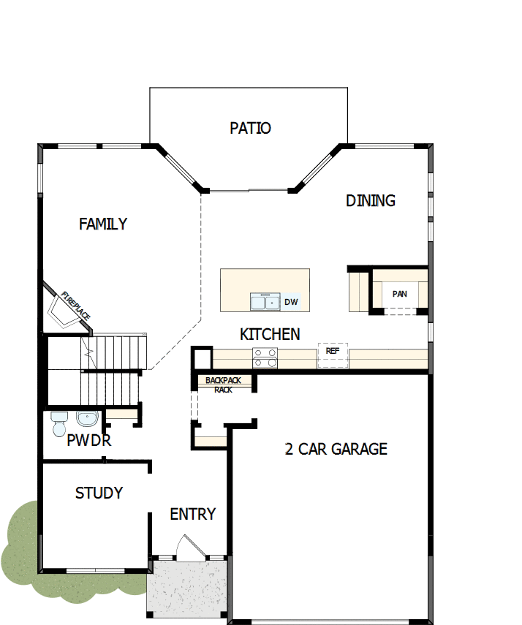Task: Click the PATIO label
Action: pos(250,129)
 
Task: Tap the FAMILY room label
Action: pos(103,224)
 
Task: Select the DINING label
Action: pos(371,200)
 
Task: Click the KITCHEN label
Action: pos(270,335)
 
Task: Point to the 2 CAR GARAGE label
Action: pos(336,449)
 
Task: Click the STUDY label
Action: pos(99,493)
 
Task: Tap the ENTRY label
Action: pos(193,515)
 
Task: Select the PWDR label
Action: pos(88,441)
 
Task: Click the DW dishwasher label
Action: pos(291,301)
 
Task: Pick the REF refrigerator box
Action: pos(333,355)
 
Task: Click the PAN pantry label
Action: pos(399,294)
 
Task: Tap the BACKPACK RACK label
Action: pos(222,385)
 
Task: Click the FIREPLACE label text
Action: pos(76,306)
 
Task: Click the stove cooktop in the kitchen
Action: pos(265,357)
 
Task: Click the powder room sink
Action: pos(86,419)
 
